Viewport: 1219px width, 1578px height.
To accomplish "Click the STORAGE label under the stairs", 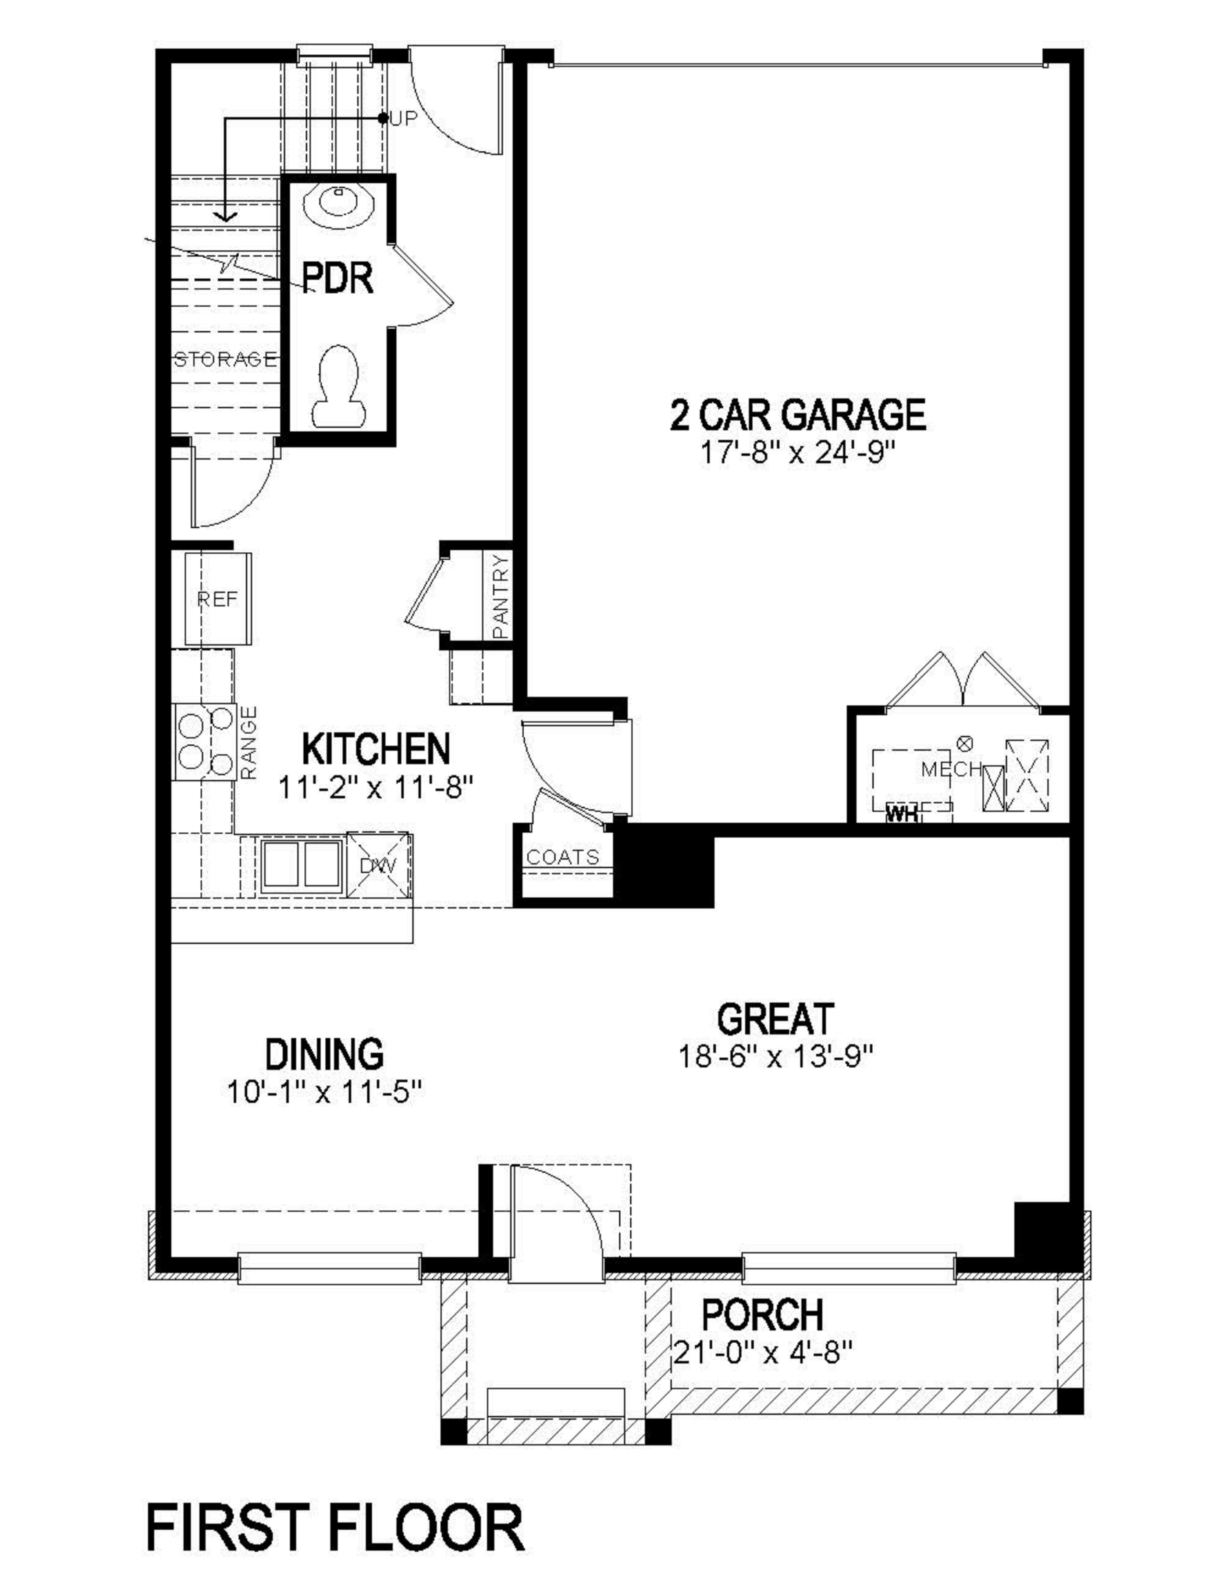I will (225, 359).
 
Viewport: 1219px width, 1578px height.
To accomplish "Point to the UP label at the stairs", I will (404, 118).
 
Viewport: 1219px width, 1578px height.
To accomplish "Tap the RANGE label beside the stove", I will (249, 742).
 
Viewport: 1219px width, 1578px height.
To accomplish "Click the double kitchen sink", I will (301, 864).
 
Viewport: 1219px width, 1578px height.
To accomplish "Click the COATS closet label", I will (563, 857).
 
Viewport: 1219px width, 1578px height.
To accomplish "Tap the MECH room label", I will (951, 769).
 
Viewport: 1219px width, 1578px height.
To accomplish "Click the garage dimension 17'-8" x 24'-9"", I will (797, 455).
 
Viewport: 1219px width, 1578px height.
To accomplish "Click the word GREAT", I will (775, 1019).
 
